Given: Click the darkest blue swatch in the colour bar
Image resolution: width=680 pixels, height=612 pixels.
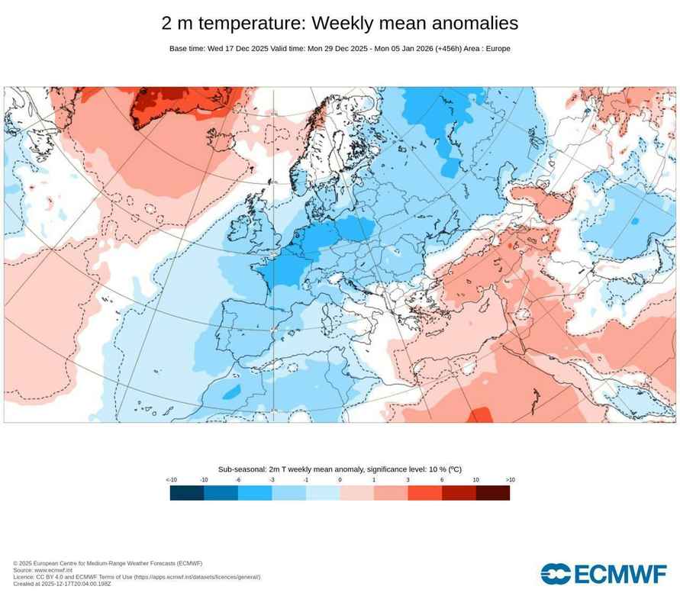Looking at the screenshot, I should click(187, 493).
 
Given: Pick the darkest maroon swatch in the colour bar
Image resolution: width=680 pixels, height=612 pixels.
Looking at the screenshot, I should click(493, 493).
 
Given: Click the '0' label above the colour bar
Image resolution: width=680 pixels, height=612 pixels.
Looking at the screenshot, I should click(340, 480).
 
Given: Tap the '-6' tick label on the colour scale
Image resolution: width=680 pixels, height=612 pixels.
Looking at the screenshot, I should click(238, 480).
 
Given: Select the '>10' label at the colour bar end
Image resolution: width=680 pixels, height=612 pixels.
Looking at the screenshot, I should click(510, 480).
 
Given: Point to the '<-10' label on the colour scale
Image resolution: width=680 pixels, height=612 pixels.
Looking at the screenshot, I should click(171, 480).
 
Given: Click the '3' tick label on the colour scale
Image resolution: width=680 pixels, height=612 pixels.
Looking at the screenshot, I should click(408, 480).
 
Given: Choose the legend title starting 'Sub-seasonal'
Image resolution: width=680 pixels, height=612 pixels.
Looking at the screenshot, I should click(340, 469).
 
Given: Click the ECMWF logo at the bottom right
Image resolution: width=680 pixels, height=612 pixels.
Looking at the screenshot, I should click(603, 574).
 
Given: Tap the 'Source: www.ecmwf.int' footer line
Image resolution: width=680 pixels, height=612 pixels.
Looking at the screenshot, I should click(43, 570).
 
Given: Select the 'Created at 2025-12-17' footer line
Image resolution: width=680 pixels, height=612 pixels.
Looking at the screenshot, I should click(62, 584).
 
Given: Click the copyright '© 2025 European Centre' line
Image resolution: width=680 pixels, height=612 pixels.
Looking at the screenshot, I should click(108, 563).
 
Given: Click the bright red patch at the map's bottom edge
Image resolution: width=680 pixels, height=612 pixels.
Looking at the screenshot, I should click(479, 415).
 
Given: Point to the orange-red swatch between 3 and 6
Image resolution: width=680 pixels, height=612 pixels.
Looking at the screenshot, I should click(425, 493).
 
